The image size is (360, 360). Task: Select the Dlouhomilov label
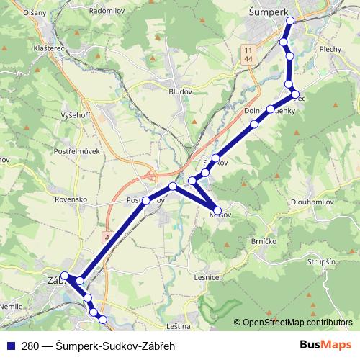312,202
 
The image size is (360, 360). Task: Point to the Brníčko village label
264,241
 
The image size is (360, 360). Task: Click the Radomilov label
107,13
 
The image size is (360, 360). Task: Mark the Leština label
177,326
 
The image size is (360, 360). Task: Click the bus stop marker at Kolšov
218,211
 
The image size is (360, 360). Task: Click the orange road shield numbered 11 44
248,53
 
